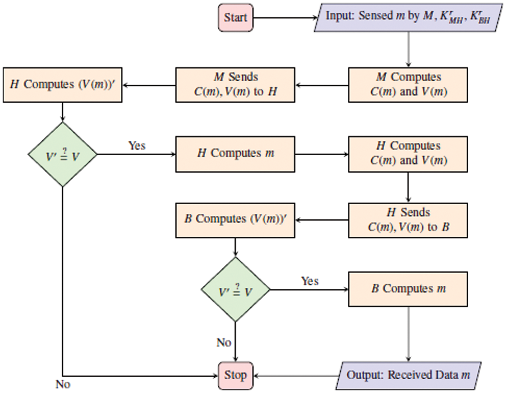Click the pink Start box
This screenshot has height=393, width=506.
(x=235, y=18)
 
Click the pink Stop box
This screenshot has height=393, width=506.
(x=235, y=375)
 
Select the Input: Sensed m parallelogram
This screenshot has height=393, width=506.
(x=409, y=17)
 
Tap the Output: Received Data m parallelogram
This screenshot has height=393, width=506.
(x=409, y=375)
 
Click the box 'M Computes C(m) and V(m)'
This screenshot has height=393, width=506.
(x=409, y=84)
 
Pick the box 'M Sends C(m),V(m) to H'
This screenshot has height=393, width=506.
(x=235, y=84)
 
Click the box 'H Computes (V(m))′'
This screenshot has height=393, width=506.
(x=62, y=84)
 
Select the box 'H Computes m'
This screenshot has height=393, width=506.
(x=235, y=154)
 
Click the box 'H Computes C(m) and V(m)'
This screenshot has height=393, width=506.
(x=409, y=154)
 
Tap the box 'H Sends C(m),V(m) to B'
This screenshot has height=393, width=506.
(x=409, y=220)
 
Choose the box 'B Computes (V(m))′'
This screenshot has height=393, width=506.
(x=235, y=220)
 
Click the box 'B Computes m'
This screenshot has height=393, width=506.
(x=409, y=289)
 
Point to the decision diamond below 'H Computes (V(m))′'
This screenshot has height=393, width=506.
(x=62, y=154)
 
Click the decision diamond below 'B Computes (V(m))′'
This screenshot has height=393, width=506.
(x=235, y=290)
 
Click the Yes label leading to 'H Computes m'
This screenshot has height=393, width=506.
(x=137, y=146)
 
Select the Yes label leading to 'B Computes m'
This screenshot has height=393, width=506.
(x=310, y=281)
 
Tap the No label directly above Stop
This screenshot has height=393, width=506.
(x=224, y=342)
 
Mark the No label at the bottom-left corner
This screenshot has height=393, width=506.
(x=63, y=383)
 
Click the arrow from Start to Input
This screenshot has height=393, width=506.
(x=285, y=18)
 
